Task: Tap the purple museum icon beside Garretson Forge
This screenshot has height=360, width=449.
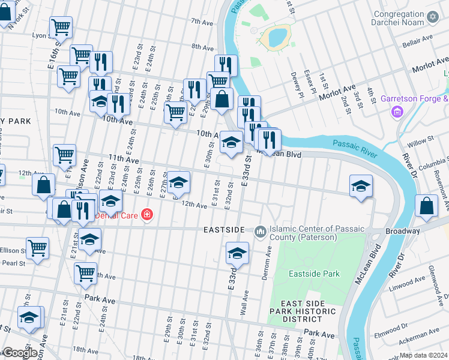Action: pyautogui.click(x=397, y=112)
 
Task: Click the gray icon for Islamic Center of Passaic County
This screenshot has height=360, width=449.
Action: pyautogui.click(x=261, y=231)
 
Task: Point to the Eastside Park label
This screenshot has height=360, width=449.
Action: pyautogui.click(x=313, y=274)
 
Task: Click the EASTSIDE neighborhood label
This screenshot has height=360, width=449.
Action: pyautogui.click(x=224, y=230)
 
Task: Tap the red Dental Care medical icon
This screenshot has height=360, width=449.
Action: pyautogui.click(x=146, y=215)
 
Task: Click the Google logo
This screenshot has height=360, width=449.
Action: pyautogui.click(x=19, y=353)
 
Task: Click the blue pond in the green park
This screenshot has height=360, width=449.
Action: pyautogui.click(x=277, y=37)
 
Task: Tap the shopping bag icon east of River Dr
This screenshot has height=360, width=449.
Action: pyautogui.click(x=426, y=206)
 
